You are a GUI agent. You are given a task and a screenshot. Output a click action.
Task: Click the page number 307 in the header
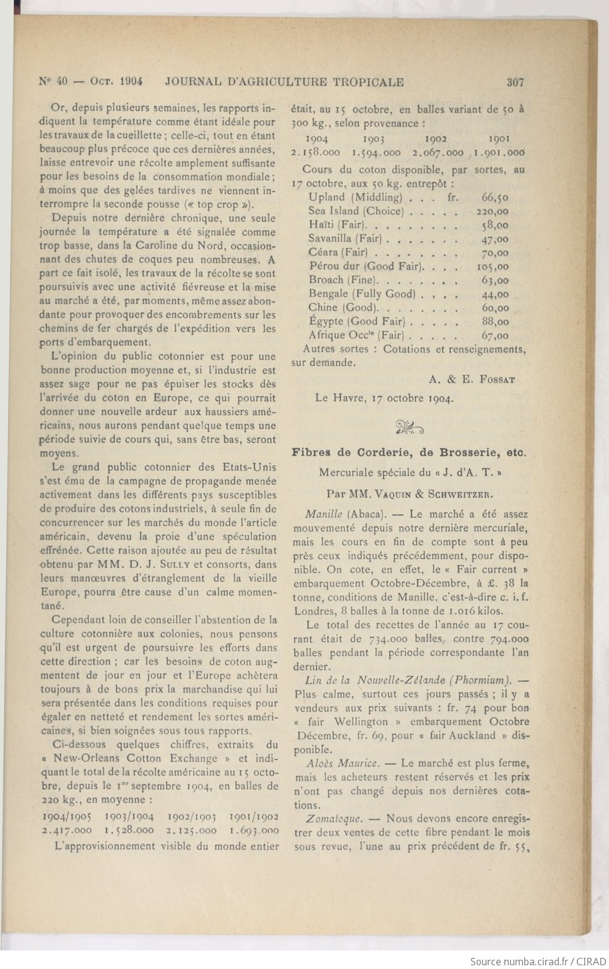[515, 81]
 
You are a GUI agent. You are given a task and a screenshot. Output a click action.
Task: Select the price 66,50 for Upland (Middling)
[495, 197]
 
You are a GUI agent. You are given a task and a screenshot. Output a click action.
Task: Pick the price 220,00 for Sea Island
[495, 211]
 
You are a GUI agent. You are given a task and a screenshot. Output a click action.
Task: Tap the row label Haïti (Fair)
[338, 225]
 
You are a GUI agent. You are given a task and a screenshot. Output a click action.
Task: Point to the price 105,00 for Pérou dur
[495, 266]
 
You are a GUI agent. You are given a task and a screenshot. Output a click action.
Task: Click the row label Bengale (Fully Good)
[362, 294]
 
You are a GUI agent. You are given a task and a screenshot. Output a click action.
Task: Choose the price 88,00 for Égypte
[495, 322]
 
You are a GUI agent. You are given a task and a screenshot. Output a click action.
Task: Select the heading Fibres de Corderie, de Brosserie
[408, 452]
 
